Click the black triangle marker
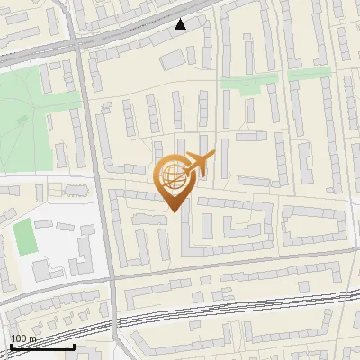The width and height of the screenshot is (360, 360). (x=182, y=24)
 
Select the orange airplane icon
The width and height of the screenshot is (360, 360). (x=201, y=163)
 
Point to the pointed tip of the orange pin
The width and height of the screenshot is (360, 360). (x=172, y=211)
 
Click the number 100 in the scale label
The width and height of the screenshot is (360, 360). (x=18, y=338)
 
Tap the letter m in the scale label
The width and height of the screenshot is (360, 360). (x=31, y=338)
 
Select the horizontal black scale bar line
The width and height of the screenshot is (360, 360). (x=41, y=346)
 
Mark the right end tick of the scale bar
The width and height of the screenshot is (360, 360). (x=75, y=345)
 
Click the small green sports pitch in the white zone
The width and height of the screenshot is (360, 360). (x=24, y=237)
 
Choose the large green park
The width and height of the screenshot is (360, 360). (x=27, y=117)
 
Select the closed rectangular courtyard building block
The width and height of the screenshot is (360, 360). (x=314, y=225)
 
